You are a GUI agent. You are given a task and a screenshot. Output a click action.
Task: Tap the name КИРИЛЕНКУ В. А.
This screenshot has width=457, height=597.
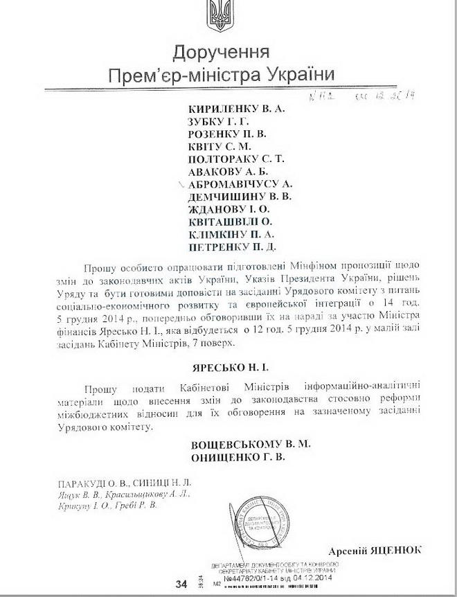[x=237, y=108]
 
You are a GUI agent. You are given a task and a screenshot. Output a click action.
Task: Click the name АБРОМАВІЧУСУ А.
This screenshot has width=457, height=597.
[x=242, y=184]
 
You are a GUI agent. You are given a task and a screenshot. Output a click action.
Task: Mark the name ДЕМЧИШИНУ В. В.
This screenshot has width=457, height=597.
[x=240, y=196]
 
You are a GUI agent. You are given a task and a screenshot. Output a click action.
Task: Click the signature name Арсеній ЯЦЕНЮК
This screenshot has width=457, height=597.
[x=379, y=550]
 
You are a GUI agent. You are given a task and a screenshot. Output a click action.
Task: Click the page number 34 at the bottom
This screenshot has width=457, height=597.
[x=182, y=584]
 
